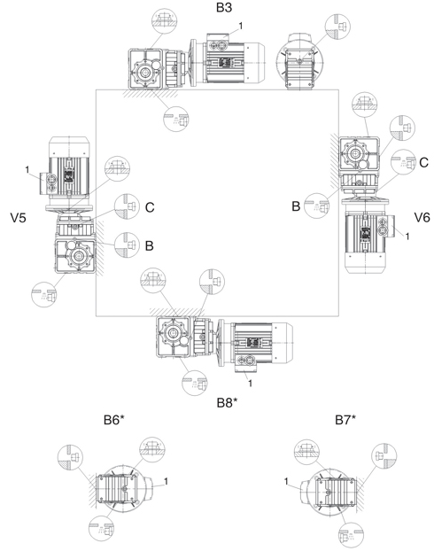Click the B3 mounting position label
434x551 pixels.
224,7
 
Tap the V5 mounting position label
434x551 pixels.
19,218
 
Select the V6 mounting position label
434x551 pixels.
422,218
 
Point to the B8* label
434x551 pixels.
227,403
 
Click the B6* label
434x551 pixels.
114,420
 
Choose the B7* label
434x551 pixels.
345,420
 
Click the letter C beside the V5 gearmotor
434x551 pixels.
150,207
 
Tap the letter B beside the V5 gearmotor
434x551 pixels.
150,245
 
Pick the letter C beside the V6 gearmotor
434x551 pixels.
423,162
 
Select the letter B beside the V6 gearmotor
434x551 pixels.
296,206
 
